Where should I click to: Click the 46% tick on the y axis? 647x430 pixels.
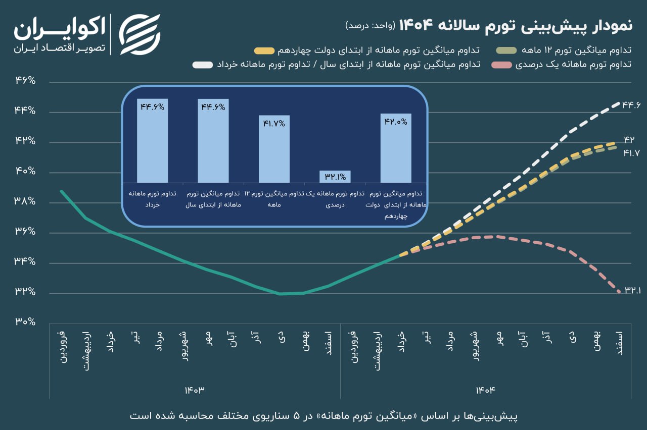point(25,81)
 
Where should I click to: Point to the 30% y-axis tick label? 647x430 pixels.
point(25,321)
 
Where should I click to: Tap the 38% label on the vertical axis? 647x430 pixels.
point(25,201)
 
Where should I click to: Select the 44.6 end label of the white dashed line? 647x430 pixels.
point(631,104)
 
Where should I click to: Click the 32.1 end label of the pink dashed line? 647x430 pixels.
point(632,290)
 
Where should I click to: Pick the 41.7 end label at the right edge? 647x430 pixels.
point(632,152)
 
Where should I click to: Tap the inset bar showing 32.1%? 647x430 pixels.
point(335,177)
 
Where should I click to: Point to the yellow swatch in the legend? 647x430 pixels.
point(265,51)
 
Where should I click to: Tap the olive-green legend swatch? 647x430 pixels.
point(505,51)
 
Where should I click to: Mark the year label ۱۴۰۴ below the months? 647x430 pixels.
point(486,390)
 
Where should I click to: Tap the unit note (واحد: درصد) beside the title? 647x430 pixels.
point(371,25)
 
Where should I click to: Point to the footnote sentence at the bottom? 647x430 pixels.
point(323,416)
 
